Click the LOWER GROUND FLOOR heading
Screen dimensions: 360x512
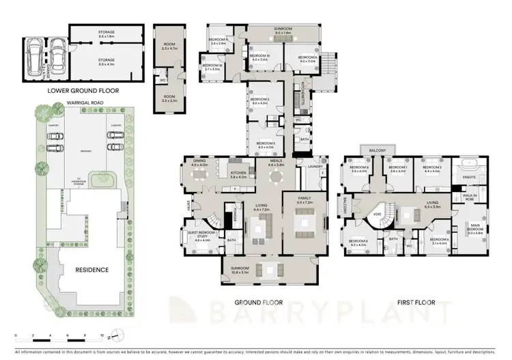tap(83, 90)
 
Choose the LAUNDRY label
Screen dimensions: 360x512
tap(315, 166)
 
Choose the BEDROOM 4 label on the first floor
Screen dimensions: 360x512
tap(358, 242)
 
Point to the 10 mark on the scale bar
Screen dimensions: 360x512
tap(102, 336)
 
